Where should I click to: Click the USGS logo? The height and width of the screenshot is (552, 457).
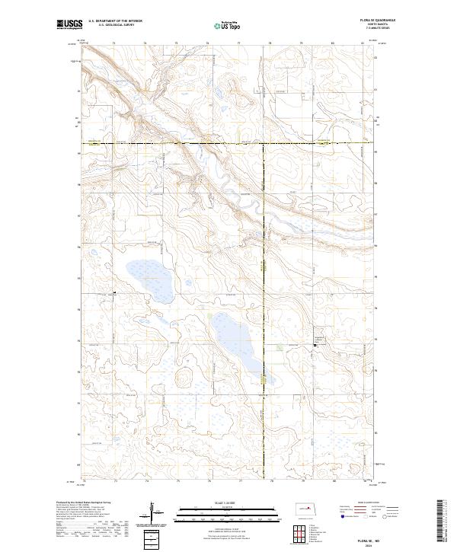coord(70,24)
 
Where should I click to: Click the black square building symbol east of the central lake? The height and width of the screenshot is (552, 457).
coord(316,346)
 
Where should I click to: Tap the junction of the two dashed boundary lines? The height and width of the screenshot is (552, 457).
coord(264,143)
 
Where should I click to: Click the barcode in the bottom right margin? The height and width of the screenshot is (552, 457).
coord(443,521)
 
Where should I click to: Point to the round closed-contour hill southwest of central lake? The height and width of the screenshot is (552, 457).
coord(184,378)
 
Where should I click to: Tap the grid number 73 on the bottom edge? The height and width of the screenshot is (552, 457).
coord(114,481)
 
